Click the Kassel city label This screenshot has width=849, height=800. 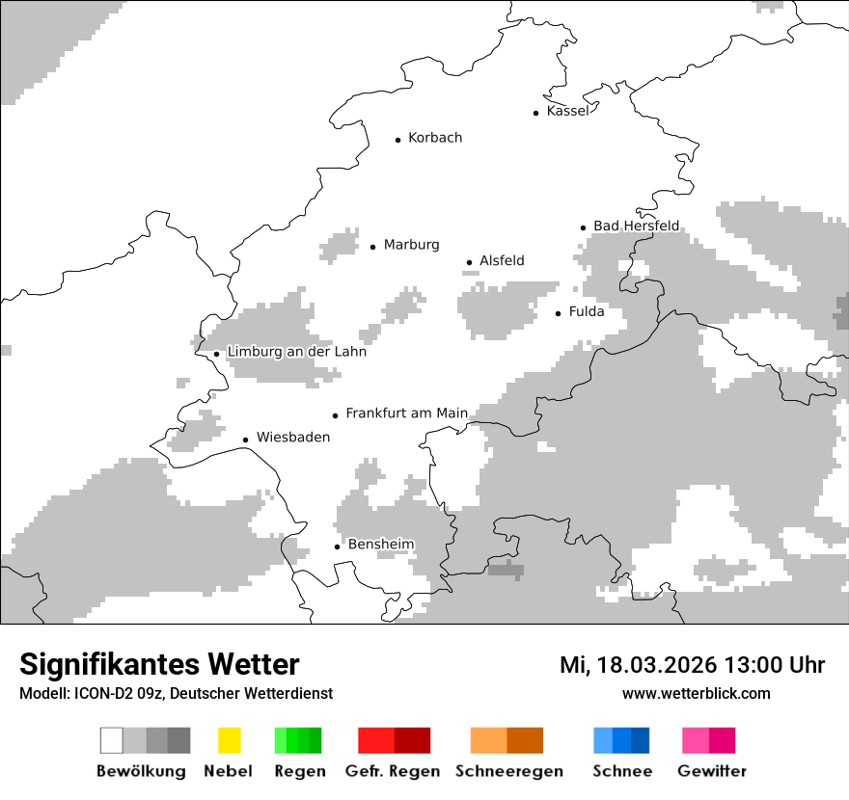567,112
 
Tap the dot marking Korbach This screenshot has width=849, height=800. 397,140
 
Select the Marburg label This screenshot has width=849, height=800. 411,245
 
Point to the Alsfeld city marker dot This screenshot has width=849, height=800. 470,262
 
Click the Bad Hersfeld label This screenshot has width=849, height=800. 636,227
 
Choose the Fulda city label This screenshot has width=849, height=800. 587,312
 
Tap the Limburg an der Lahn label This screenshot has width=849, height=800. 296,353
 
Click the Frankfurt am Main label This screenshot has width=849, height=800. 406,413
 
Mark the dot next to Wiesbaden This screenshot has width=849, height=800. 246,440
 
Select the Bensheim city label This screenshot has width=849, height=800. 381,545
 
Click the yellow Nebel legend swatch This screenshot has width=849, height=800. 229,740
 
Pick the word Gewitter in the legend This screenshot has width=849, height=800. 712,771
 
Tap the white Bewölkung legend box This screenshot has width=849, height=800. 112,740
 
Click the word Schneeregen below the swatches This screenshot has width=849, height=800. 508,771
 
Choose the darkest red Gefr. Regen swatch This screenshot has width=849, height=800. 412,740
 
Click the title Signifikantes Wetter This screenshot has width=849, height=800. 159,664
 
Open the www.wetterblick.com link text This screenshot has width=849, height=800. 696,693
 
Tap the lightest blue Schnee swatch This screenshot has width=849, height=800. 602,740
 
